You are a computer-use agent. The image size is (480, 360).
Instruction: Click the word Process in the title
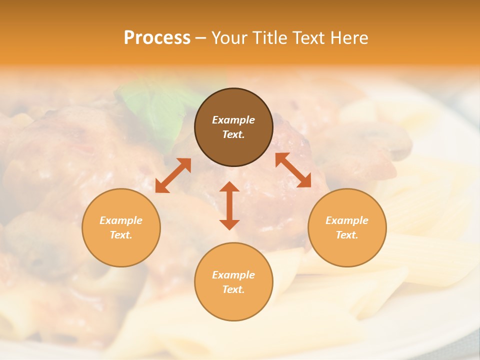click(x=157, y=38)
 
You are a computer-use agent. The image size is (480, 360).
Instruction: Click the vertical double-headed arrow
click(x=229, y=206)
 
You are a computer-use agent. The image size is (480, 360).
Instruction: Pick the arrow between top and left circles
click(x=173, y=175)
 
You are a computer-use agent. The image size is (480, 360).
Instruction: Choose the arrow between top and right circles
click(x=293, y=170)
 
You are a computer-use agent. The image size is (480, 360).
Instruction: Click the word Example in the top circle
click(x=233, y=120)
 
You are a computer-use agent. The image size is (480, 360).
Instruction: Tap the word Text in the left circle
click(x=120, y=235)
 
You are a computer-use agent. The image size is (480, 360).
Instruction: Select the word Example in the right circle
click(x=347, y=220)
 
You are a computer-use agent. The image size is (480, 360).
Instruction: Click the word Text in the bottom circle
click(x=232, y=289)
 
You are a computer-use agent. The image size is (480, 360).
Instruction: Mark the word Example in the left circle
click(x=121, y=220)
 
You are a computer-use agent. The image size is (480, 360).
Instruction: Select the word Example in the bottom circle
click(x=233, y=275)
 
